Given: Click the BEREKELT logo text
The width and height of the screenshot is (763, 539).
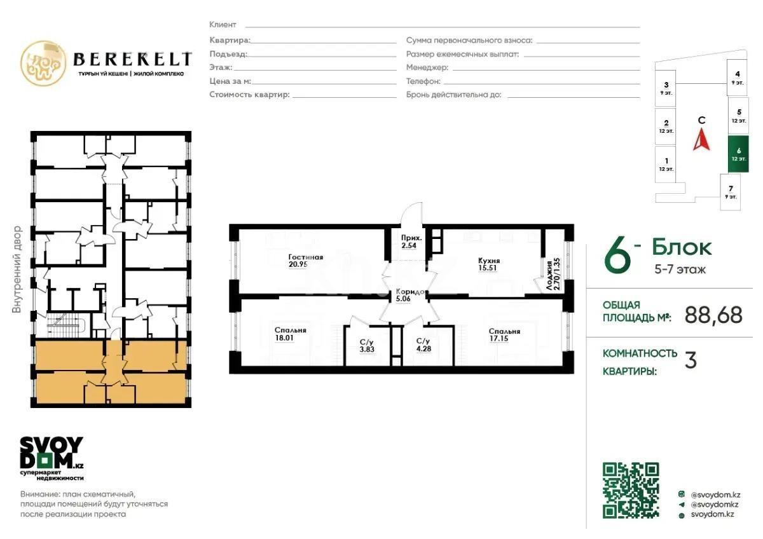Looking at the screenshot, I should click(132, 59).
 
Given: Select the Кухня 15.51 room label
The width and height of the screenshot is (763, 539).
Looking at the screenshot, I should click(489, 264).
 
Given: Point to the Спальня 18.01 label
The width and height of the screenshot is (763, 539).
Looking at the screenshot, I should click(291, 334).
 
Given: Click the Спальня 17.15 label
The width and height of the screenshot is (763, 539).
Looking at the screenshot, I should click(504, 335).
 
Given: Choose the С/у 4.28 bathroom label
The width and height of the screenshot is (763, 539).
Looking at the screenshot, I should click(424, 345).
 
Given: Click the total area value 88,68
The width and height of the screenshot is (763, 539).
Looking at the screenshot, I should click(713, 315).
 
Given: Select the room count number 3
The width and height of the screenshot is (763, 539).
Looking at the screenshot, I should click(690, 360).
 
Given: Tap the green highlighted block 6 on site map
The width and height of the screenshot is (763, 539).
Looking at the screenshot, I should click(738, 154).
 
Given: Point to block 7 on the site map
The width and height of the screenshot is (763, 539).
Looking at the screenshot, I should click(731, 191).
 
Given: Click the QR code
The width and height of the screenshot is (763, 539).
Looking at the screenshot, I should click(631, 490).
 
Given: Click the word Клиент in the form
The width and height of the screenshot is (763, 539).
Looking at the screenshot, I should click(223, 25).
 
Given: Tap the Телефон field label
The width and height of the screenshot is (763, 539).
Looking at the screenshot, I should click(423, 81).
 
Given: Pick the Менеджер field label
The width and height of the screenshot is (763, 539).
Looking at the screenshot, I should click(427, 67).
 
